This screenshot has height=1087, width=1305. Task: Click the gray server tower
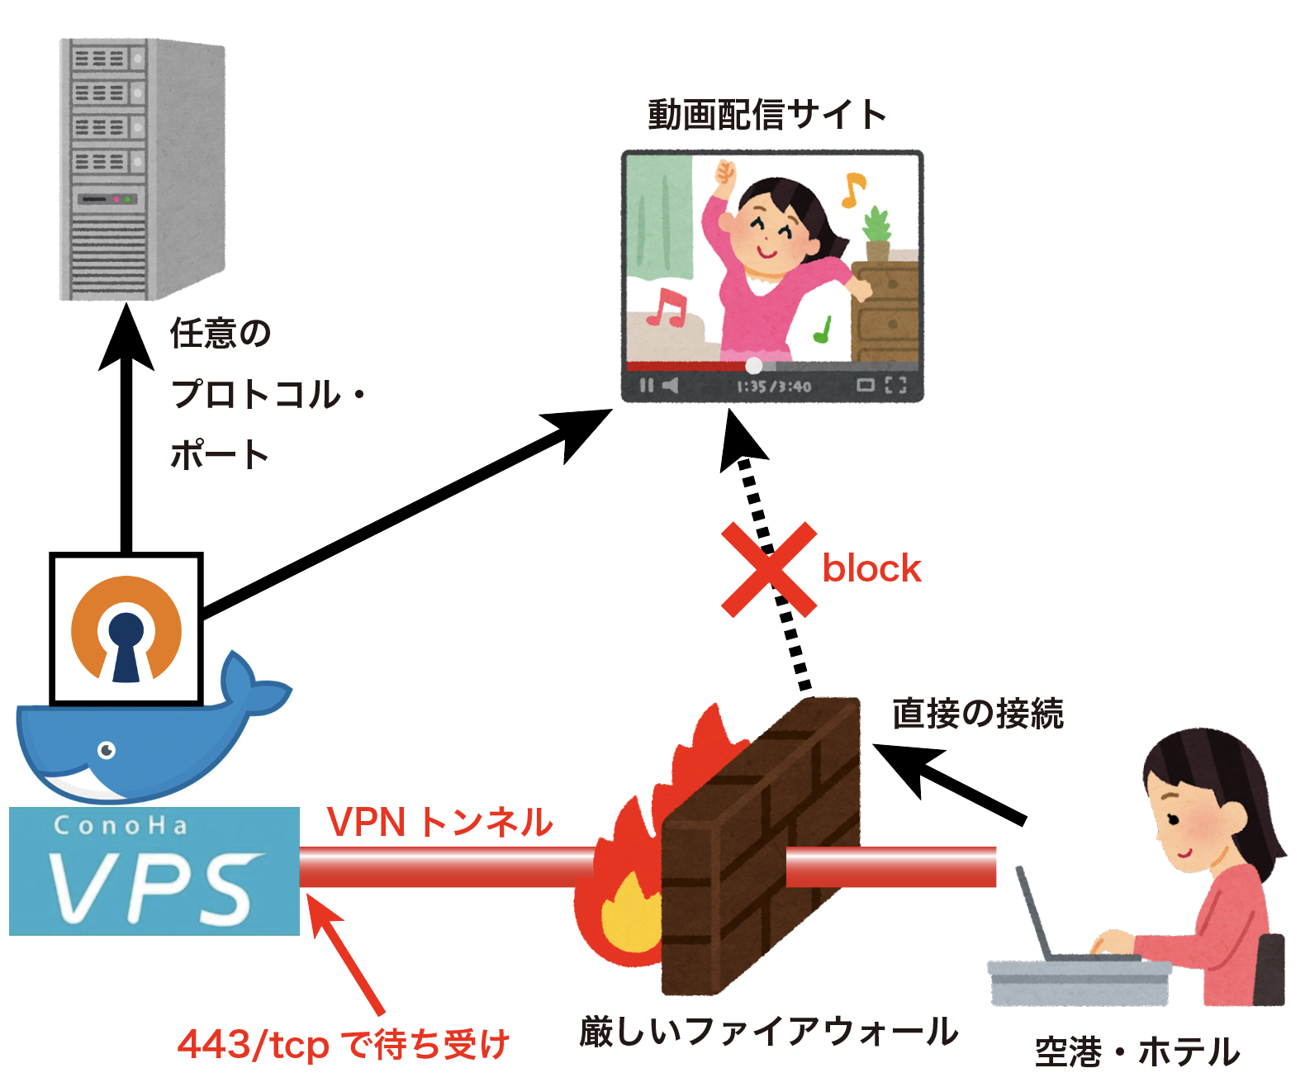142,169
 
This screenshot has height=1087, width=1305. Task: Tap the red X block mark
769,570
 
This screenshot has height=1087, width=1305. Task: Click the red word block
871,569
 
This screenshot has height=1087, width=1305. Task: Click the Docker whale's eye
107,750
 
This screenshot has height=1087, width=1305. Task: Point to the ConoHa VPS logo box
154,871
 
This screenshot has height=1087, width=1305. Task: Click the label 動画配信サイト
767,115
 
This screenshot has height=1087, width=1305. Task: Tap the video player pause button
646,386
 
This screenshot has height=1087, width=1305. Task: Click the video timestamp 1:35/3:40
774,387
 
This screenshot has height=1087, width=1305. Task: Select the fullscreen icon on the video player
896,385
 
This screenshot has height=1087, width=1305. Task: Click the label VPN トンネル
439,823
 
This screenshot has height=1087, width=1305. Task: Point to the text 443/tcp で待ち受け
344,1045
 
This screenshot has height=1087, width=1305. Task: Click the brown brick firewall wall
760,843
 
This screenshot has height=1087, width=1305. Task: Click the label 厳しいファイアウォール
768,1032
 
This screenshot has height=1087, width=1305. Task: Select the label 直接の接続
978,714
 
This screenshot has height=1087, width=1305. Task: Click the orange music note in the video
852,189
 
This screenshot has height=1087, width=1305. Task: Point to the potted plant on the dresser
876,234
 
